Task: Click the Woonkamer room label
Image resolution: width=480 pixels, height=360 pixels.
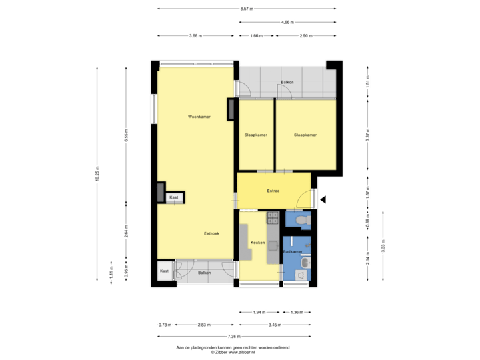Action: (199, 117)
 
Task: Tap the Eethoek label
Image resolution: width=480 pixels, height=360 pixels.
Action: (212, 233)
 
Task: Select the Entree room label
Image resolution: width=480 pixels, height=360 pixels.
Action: (273, 191)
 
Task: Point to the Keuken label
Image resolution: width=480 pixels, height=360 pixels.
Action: (257, 243)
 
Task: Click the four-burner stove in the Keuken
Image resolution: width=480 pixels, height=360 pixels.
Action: (272, 217)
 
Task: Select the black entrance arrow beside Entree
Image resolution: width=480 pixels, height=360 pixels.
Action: (324, 199)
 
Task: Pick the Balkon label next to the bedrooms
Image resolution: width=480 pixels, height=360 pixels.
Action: (287, 83)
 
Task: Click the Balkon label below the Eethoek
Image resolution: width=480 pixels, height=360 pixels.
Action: (205, 272)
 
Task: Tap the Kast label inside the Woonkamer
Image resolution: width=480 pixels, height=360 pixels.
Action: (174, 198)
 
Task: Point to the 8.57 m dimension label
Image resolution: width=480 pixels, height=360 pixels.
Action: (246, 9)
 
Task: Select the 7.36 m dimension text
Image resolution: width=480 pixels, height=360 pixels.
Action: (233, 336)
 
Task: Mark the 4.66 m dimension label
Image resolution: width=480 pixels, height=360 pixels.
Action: (287, 22)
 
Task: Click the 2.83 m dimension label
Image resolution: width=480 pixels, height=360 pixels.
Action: (203, 325)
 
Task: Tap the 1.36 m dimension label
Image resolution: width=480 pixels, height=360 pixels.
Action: (297, 312)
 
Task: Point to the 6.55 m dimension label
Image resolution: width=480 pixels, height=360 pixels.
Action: (127, 136)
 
